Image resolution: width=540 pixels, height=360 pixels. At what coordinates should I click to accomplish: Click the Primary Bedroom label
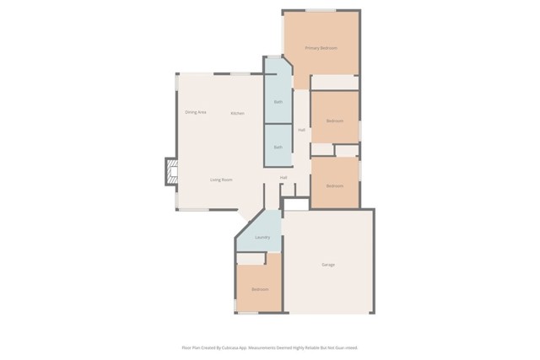[x=321, y=48]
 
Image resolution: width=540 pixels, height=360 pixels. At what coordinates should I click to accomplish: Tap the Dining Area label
[x=196, y=112]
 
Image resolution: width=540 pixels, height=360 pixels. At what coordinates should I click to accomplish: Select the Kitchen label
[x=238, y=113]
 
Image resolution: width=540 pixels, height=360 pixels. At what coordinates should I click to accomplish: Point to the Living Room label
[x=221, y=180]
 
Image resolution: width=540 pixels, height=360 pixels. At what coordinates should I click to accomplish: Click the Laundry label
[x=262, y=237]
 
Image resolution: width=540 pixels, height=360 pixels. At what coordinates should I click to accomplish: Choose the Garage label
[x=328, y=265]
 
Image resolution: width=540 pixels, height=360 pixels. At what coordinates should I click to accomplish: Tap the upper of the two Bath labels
[x=278, y=102]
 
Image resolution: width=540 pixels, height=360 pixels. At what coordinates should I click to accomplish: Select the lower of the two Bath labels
[x=278, y=148]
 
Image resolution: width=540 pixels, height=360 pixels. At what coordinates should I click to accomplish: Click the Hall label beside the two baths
[x=301, y=130]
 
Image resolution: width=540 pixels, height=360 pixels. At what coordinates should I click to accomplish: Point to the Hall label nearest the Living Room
[x=283, y=178]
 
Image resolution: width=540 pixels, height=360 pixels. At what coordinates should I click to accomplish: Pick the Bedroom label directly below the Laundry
[x=260, y=289]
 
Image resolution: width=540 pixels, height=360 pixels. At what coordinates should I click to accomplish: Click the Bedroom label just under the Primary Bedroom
[x=335, y=121]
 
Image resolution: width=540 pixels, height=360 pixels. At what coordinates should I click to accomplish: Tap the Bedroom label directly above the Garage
[x=335, y=185]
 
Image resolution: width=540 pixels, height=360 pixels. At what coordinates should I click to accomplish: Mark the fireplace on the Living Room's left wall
[x=171, y=172]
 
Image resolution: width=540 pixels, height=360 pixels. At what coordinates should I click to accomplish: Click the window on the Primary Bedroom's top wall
[x=321, y=10]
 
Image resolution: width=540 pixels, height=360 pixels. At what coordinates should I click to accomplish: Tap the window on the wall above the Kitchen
[x=240, y=73]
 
